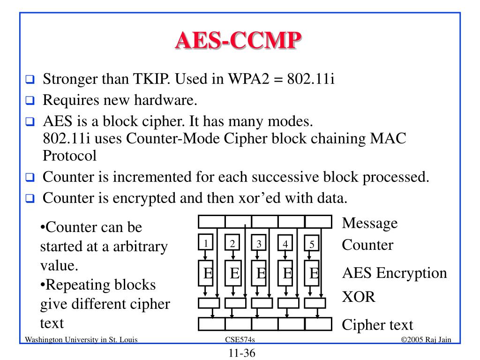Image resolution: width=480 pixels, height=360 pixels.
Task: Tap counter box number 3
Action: [259, 244]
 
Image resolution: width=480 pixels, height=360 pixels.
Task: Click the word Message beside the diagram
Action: [369, 223]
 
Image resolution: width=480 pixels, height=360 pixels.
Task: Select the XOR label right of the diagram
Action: [359, 297]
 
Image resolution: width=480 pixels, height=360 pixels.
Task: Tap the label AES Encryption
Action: [394, 273]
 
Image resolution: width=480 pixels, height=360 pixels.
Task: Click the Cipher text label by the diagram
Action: [377, 324]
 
